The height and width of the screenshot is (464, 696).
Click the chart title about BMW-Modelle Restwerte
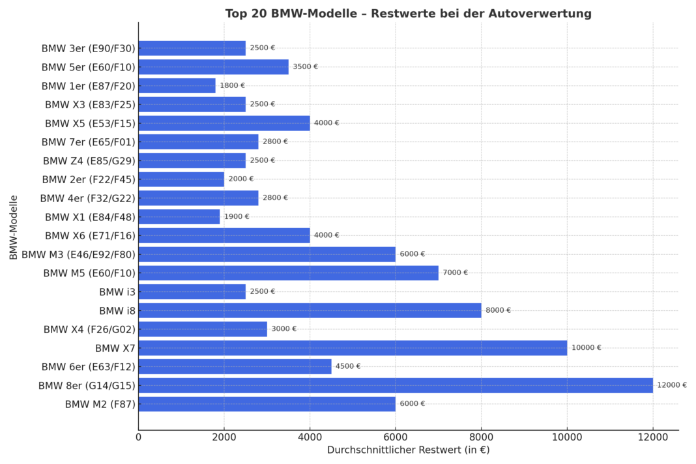click(x=408, y=14)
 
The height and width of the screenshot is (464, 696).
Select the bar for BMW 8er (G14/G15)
click(x=396, y=385)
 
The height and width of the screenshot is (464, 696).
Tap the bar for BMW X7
click(x=353, y=348)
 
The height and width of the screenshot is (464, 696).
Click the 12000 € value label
click(x=671, y=385)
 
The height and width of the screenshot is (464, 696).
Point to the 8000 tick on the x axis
click(x=481, y=437)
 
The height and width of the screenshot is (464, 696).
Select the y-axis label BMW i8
click(x=117, y=310)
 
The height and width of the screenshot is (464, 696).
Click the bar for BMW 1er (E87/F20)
click(x=177, y=85)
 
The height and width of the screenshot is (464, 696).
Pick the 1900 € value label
click(x=236, y=216)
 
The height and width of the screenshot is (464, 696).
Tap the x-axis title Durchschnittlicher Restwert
click(x=408, y=450)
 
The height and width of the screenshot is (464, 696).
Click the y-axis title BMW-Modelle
click(x=14, y=227)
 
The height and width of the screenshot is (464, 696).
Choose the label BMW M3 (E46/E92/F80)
click(x=78, y=254)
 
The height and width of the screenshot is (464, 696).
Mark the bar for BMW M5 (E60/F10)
click(x=288, y=273)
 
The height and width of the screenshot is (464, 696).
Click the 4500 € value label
click(x=348, y=366)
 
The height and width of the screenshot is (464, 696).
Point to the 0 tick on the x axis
click(x=138, y=437)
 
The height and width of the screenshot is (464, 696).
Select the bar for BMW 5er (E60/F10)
click(x=213, y=66)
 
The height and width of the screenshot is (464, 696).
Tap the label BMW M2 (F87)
click(x=100, y=404)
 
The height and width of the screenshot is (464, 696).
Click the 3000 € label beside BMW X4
click(x=283, y=329)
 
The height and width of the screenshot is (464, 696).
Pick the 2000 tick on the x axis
click(x=224, y=437)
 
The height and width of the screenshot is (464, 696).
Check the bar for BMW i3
click(x=192, y=291)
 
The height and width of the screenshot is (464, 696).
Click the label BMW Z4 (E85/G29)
click(x=89, y=160)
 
